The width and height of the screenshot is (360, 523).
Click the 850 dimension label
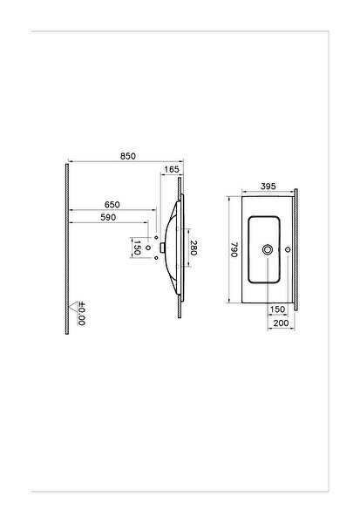point(128,156)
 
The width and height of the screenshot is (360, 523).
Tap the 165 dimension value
point(172,169)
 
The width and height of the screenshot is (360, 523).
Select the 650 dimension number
point(112,205)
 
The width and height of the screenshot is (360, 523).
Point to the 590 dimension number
point(108,217)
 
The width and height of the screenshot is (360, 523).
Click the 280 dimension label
point(194,248)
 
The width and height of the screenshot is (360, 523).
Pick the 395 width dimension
point(268,187)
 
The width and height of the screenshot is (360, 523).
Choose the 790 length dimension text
point(234,249)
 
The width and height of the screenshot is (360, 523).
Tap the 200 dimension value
point(281,323)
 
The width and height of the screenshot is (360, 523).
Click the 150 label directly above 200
point(277,309)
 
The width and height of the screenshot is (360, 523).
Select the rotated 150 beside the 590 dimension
point(137,248)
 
